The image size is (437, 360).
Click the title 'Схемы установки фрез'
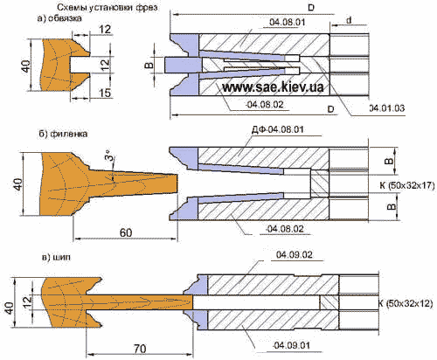point(108,7)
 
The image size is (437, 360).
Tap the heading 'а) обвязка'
point(59,18)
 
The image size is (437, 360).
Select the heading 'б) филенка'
point(63,134)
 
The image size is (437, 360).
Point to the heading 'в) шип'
point(56,258)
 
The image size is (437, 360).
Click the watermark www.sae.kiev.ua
point(273,87)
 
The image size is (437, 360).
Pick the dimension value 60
point(126,232)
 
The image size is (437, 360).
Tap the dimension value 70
point(140,349)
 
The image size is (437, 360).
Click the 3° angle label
point(108,155)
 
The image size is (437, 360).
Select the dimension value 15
point(105,93)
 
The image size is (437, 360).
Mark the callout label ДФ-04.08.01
point(277,129)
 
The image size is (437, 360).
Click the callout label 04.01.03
point(387,108)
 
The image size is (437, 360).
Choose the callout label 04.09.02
point(295,255)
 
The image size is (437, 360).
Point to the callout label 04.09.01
point(291,346)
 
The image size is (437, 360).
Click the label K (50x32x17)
point(407,185)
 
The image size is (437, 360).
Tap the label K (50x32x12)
point(406,303)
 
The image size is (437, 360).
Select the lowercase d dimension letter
point(349,20)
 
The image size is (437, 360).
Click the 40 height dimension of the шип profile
point(10,308)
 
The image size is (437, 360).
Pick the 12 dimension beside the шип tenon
point(27,303)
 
